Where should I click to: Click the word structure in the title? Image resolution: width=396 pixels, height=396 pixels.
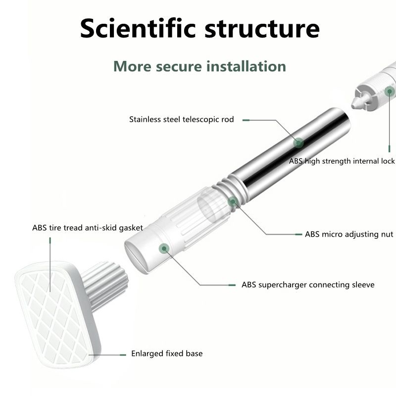coord(263,28)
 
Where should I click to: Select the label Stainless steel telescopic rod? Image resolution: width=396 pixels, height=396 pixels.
coord(181,119)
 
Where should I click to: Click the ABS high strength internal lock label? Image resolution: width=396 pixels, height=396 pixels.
coord(342,161)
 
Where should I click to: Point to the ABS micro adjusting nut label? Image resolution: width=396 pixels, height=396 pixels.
coord(349,234)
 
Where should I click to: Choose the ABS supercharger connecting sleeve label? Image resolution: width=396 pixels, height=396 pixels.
coord(308,285)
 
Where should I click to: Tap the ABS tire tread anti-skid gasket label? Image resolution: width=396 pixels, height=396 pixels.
coord(88,228)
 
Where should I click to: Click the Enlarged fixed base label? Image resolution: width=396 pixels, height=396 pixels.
coord(167,353)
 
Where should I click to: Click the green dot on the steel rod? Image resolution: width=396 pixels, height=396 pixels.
coord(298,143)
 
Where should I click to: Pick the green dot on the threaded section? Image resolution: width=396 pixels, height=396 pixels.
coord(232,201)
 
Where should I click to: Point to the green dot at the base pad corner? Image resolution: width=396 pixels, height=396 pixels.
coord(91,354)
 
